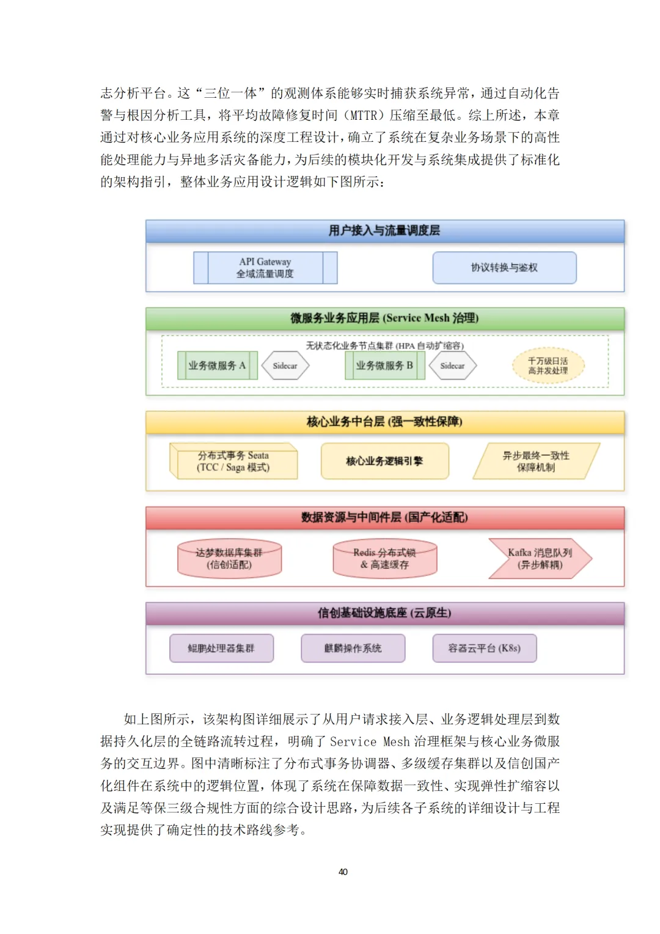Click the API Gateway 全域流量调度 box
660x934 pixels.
coord(265,268)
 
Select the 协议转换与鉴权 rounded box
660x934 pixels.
coord(504,268)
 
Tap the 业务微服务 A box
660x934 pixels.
coord(217,366)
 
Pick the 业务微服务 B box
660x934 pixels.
coord(384,366)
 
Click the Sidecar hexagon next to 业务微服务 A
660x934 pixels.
coord(285,366)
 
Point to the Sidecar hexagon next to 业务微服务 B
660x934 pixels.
coord(452,366)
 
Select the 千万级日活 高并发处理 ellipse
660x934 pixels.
coord(548,366)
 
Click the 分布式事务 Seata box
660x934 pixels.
coord(233,461)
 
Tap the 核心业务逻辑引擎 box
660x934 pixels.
coord(384,461)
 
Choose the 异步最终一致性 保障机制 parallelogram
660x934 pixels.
coord(536,461)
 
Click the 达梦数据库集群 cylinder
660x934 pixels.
coord(229,559)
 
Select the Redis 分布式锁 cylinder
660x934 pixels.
coord(384,559)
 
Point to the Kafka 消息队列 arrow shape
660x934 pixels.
coord(540,559)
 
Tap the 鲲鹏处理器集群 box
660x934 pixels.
coord(221,648)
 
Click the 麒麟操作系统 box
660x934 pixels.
coord(353,648)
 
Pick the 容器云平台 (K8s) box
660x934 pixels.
coord(484,648)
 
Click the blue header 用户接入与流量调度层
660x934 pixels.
coord(384,231)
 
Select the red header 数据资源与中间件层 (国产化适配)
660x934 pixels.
coord(384,518)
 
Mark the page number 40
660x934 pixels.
coord(343,872)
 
